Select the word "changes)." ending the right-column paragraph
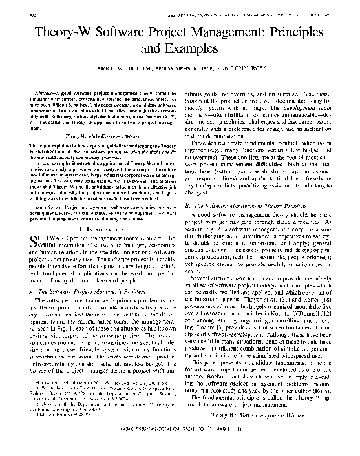click(198, 192)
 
